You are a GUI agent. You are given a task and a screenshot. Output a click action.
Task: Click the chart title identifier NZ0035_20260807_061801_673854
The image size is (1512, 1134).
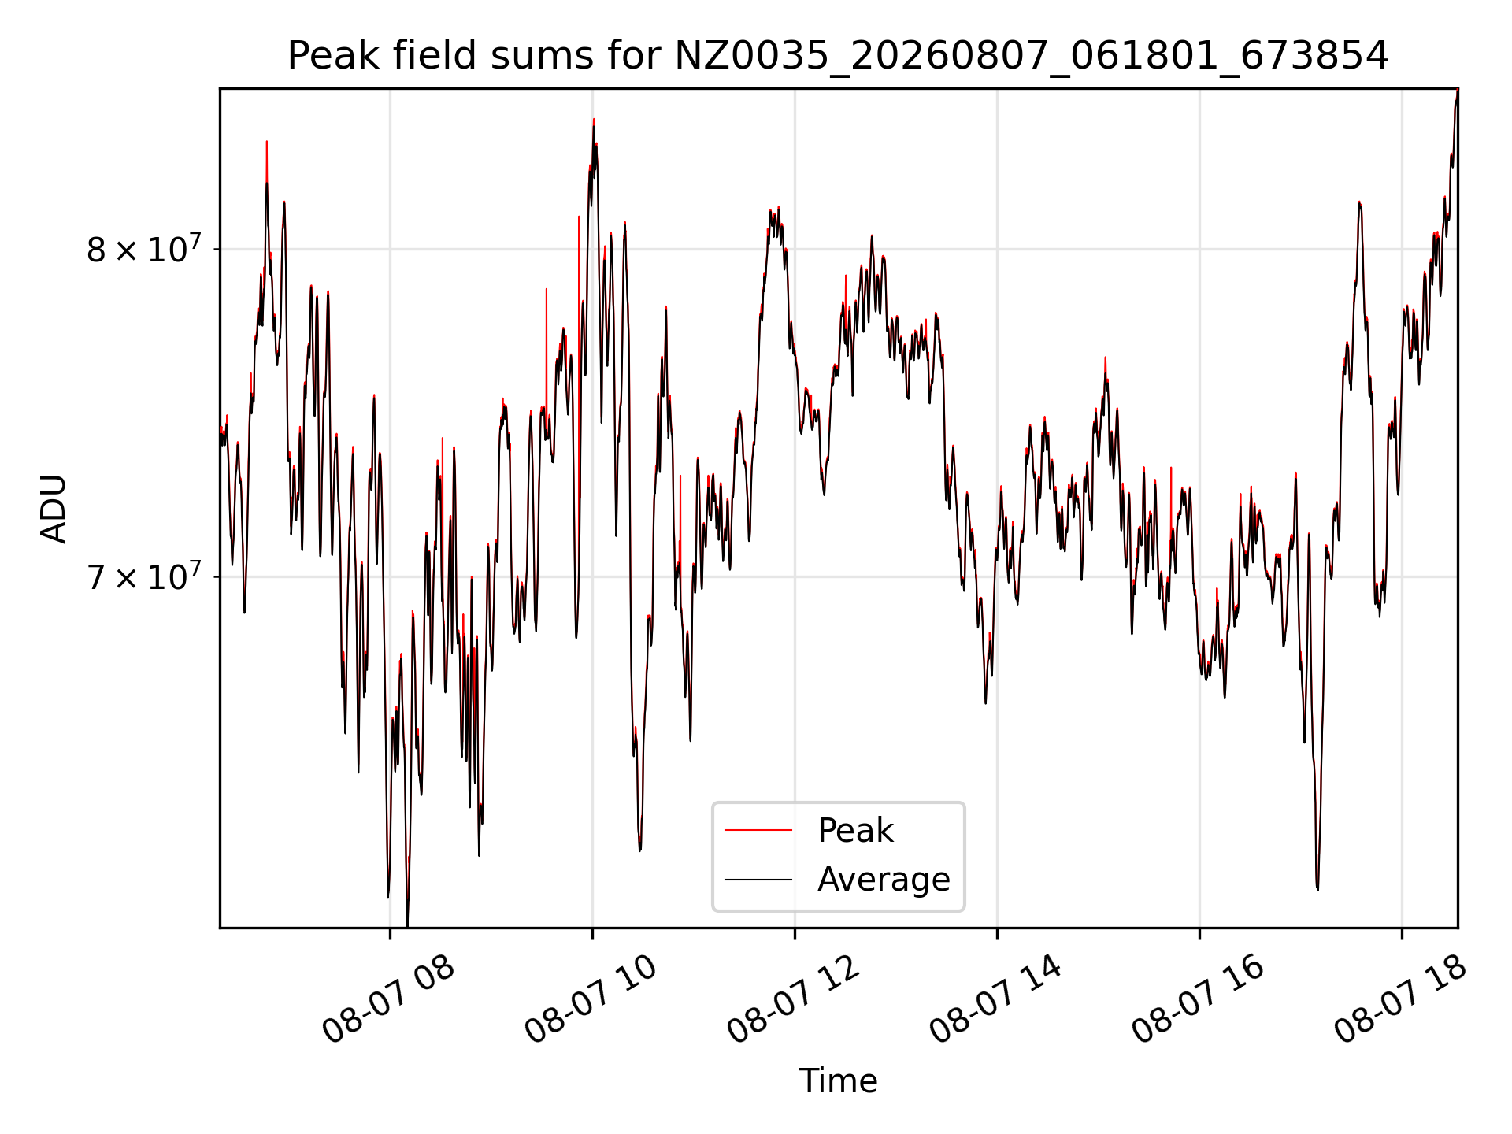[x=1031, y=57]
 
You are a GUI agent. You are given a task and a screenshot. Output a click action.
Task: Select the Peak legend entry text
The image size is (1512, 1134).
[x=855, y=831]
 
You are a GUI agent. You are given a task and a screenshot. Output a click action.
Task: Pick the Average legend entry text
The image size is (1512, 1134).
[x=884, y=879]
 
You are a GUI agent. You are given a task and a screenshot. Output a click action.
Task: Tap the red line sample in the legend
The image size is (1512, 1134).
[x=758, y=830]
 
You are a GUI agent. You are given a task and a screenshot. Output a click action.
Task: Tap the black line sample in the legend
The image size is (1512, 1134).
[x=758, y=879]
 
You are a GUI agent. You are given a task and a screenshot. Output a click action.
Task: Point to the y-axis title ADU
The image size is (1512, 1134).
[x=54, y=509]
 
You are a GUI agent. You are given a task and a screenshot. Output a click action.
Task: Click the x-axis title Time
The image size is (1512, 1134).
[x=838, y=1080]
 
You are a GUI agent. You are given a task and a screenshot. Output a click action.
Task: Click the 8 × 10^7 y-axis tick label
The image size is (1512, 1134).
[x=144, y=249]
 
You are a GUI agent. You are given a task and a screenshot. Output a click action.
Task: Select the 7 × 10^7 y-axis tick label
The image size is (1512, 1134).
[x=144, y=576]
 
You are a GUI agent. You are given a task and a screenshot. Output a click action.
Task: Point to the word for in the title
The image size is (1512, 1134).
[x=640, y=57]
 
